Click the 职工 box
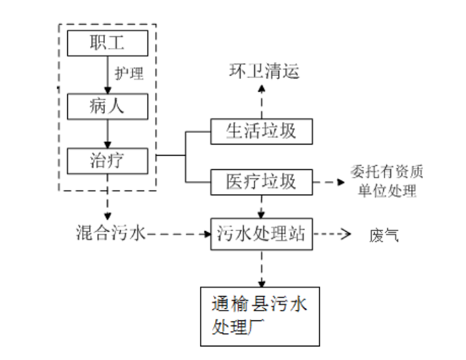pyautogui.click(x=108, y=44)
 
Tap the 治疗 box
pyautogui.click(x=108, y=160)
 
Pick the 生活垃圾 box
pyautogui.click(x=261, y=130)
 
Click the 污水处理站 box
pyautogui.click(x=261, y=235)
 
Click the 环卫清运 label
pyautogui.click(x=264, y=71)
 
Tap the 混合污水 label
pyautogui.click(x=111, y=234)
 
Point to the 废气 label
pyautogui.click(x=383, y=236)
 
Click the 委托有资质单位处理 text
pyautogui.click(x=383, y=181)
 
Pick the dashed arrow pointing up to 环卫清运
pyautogui.click(x=261, y=101)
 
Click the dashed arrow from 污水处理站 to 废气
pyautogui.click(x=332, y=235)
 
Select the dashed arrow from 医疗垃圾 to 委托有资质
pyautogui.click(x=330, y=182)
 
